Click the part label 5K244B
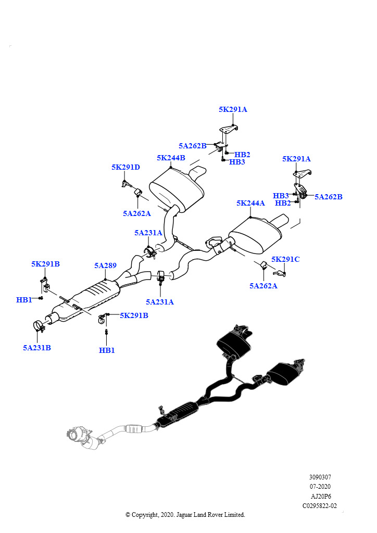pos(171,158)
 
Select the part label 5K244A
pos(250,204)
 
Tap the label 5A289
pos(105,265)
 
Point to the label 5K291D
pos(125,167)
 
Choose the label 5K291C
pos(285,259)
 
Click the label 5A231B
pos(37,348)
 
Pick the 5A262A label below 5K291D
pos(137,213)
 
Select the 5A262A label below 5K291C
pos(263,286)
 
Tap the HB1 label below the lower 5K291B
pos(107,350)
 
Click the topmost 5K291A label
pos(233,110)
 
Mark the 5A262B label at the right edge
pos(328,197)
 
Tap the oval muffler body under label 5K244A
pos(255,234)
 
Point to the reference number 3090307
pos(320,477)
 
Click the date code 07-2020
pos(320,487)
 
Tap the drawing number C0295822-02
pos(320,505)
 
